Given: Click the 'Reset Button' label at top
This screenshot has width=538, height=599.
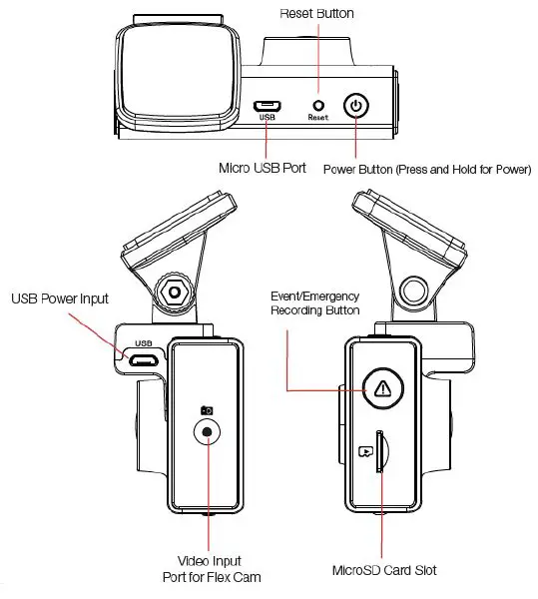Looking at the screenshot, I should [x=317, y=13].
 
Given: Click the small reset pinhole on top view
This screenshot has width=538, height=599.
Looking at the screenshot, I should [x=318, y=104].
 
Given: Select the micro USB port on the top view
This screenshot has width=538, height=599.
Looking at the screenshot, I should [x=266, y=105].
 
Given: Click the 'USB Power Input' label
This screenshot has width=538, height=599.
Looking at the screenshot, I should [x=60, y=298].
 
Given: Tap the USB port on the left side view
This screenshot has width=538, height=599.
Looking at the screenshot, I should [x=142, y=359].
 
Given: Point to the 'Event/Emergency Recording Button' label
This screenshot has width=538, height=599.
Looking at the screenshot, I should [x=314, y=302].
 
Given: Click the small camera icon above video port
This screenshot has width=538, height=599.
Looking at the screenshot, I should [x=207, y=409].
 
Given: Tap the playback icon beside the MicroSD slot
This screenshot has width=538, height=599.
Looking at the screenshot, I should [x=365, y=451].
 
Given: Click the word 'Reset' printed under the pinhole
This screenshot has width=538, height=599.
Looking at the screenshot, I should [x=318, y=118].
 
